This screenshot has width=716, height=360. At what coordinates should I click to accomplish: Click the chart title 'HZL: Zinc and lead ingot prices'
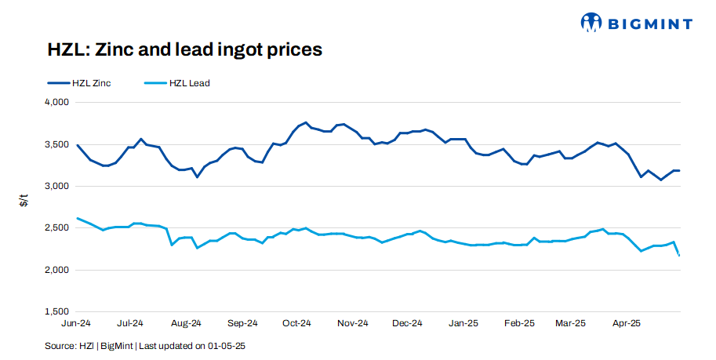[184, 50]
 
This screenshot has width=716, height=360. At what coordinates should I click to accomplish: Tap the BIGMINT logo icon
[591, 23]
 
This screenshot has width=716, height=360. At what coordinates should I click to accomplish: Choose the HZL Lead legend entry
[178, 82]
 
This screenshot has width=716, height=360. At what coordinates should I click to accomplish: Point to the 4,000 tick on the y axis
[56, 103]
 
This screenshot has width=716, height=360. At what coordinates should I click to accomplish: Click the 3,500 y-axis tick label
[56, 144]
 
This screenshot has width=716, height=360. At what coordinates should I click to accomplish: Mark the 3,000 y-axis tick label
[56, 186]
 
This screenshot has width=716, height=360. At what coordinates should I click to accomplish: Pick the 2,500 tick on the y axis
[56, 228]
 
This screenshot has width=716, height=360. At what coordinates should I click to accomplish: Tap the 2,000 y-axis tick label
[56, 270]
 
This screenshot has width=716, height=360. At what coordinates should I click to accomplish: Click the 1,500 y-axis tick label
[56, 311]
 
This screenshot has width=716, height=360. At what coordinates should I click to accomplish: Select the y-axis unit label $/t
[24, 202]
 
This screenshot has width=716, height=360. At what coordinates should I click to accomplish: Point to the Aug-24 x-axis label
[187, 323]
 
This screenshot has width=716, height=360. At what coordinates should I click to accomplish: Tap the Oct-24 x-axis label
[297, 323]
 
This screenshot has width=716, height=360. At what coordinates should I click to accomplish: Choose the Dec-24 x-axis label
[407, 323]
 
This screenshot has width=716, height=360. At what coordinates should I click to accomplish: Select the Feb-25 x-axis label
[518, 323]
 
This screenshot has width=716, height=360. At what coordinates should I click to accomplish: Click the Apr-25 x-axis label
[626, 323]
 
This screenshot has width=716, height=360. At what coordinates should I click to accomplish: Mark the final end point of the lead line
[679, 255]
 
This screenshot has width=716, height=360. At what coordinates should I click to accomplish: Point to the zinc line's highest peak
[306, 122]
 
